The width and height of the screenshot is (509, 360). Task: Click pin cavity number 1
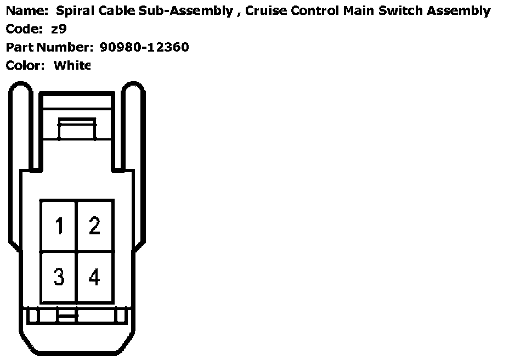(x=59, y=226)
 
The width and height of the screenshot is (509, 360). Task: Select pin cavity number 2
(x=95, y=226)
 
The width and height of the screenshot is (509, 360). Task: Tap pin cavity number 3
(x=59, y=277)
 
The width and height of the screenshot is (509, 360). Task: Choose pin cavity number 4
(x=95, y=277)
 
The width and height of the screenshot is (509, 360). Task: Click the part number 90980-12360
(x=144, y=47)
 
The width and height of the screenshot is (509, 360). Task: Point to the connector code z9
(x=59, y=29)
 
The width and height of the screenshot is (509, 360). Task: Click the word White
(x=71, y=65)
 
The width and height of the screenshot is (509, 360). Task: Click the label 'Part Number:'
(x=49, y=47)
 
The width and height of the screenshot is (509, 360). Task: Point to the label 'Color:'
(x=25, y=65)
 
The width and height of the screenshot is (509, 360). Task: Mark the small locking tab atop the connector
(x=77, y=130)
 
